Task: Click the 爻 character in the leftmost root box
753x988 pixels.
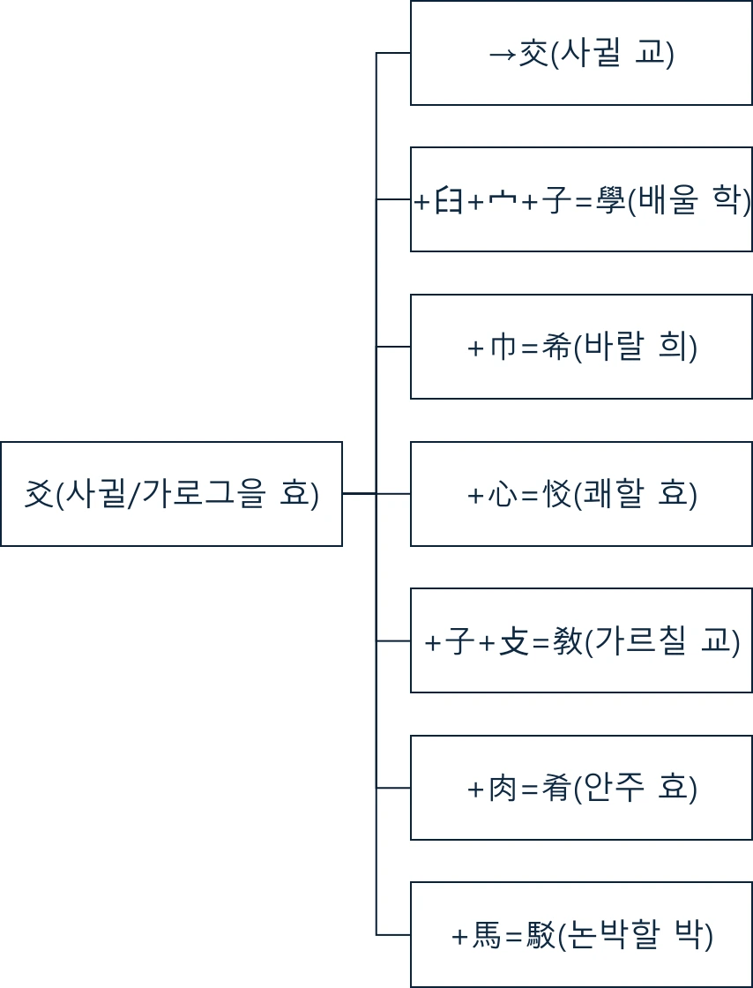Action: pyautogui.click(x=38, y=493)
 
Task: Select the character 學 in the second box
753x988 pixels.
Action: pyautogui.click(x=609, y=201)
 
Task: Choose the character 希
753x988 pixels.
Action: pyautogui.click(x=556, y=348)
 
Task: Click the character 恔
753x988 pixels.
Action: pyautogui.click(x=556, y=494)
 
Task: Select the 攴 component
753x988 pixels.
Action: pyautogui.click(x=513, y=641)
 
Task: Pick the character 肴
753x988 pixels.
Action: pyautogui.click(x=556, y=788)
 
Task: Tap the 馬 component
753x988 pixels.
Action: pyautogui.click(x=487, y=935)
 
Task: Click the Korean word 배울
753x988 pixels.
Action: pyautogui.click(x=667, y=201)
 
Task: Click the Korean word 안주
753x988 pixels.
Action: pyautogui.click(x=614, y=788)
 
